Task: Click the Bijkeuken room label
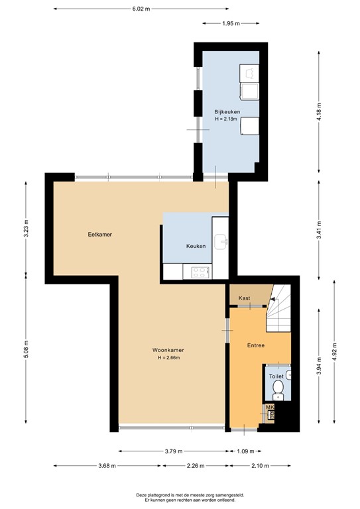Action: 227,111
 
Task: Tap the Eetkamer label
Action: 99,235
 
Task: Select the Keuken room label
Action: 196,246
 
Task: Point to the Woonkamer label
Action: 168,350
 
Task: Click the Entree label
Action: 256,345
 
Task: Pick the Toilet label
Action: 276,376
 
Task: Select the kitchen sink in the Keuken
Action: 221,240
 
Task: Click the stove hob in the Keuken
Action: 199,270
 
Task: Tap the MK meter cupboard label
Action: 270,408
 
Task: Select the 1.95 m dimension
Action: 231,23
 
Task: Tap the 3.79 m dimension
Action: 174,451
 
